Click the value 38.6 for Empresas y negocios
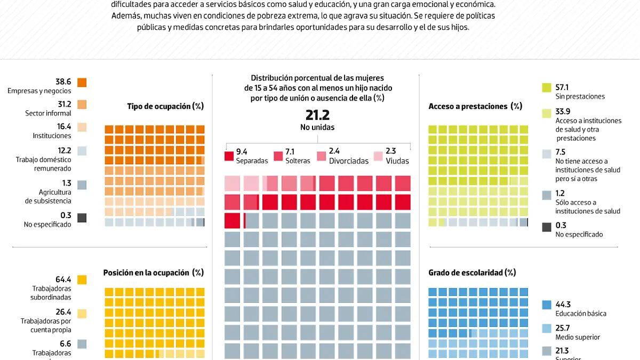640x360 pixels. pos(63,82)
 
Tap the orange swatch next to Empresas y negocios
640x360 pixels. pos(82,83)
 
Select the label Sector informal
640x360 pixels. pos(48,113)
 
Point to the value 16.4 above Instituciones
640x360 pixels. pos(63,126)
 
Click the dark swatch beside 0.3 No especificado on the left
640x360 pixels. pos(82,218)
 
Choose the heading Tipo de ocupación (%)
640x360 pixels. pos(165,106)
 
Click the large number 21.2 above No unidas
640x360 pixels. pos(317,115)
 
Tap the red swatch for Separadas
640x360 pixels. pos(229,156)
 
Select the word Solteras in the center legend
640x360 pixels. pos(298,161)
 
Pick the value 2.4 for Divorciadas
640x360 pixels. pos(334,151)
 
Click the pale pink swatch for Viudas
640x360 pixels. pos(378,156)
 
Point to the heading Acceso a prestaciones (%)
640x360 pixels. pos(475,106)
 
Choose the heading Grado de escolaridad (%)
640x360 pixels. pos(472,273)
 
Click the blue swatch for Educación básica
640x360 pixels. pos(546,305)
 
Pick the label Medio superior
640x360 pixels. pos(578,337)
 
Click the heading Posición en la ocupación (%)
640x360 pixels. pos(153,273)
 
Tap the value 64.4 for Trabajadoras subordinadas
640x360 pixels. pos(63,279)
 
